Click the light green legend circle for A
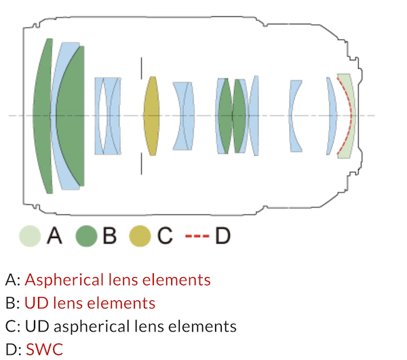point(31,236)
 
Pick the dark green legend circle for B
point(87,236)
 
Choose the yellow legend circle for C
point(141,236)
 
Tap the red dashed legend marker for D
point(197,236)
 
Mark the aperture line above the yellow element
point(141,68)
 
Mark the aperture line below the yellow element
point(141,163)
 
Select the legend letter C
point(164,236)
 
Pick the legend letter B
point(110,236)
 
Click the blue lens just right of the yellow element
point(184,115)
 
